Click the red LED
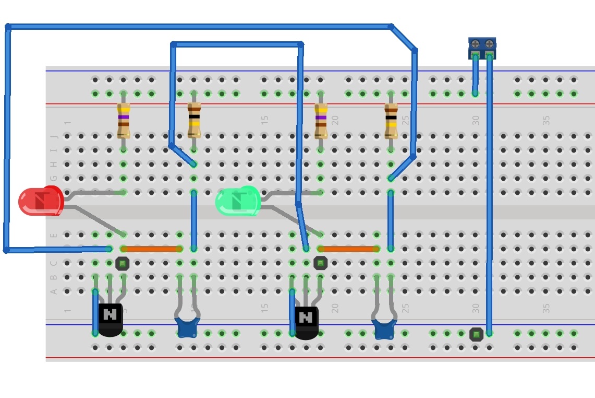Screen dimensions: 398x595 (41, 202)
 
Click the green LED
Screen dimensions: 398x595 (237, 202)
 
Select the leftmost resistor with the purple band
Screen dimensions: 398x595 (123, 120)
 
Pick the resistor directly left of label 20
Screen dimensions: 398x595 (321, 121)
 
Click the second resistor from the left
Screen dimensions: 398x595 (194, 120)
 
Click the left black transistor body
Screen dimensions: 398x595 (110, 319)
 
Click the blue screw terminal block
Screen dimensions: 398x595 (482, 48)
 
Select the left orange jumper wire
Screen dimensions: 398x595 (152, 249)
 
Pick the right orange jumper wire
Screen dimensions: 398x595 (348, 249)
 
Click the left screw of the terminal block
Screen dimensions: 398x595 (475, 44)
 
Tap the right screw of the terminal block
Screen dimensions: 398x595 (489, 44)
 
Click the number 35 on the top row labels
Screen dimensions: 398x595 (546, 120)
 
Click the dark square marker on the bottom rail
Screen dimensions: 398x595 (476, 334)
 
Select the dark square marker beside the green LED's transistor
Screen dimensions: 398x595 (321, 263)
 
